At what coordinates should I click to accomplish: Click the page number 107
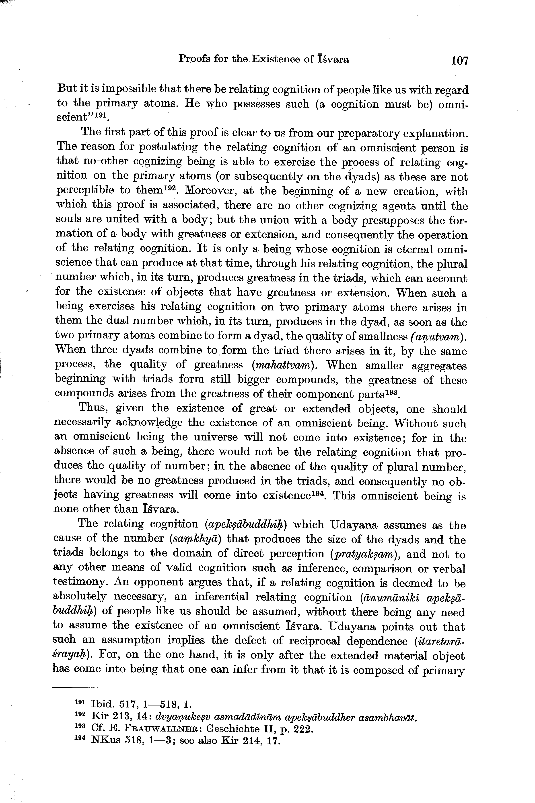[x=460, y=61]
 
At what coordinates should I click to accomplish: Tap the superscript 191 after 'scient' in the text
[x=101, y=115]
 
